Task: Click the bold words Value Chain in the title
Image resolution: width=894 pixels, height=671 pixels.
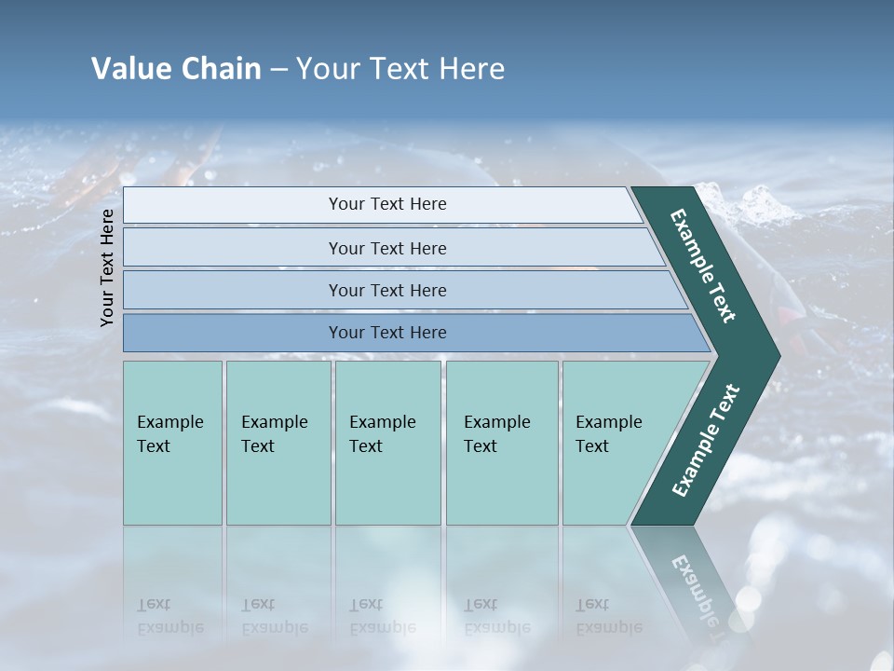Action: pyautogui.click(x=176, y=69)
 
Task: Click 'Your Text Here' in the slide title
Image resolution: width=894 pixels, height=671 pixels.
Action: pyautogui.click(x=400, y=69)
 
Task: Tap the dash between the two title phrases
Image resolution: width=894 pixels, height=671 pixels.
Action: pyautogui.click(x=278, y=70)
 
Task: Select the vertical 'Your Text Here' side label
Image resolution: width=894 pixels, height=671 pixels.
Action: pyautogui.click(x=107, y=267)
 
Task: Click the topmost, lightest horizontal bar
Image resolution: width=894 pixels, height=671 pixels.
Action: pyautogui.click(x=386, y=204)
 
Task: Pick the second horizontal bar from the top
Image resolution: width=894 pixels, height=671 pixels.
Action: pyautogui.click(x=386, y=248)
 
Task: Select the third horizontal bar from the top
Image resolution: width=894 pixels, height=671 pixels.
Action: pyautogui.click(x=386, y=290)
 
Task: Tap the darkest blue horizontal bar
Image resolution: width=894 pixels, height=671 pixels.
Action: pyautogui.click(x=386, y=333)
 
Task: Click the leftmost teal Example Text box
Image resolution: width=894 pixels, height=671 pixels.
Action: pyautogui.click(x=172, y=443)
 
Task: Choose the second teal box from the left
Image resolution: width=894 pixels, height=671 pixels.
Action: pyautogui.click(x=278, y=443)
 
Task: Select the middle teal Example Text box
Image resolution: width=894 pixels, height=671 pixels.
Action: pyautogui.click(x=387, y=443)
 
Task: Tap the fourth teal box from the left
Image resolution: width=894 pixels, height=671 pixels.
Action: pyautogui.click(x=501, y=443)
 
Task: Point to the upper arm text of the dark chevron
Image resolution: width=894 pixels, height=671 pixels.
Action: pyautogui.click(x=703, y=266)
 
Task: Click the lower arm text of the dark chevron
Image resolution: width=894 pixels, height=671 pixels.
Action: pyautogui.click(x=706, y=440)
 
